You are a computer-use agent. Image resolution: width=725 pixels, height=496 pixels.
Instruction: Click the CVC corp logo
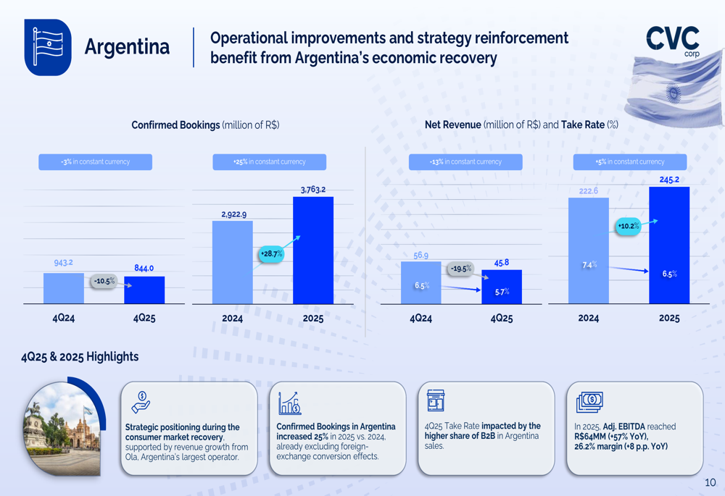point(673,40)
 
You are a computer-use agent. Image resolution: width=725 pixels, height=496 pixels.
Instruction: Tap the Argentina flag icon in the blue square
point(48,47)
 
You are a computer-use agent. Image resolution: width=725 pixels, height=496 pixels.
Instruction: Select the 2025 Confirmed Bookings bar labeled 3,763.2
point(313,250)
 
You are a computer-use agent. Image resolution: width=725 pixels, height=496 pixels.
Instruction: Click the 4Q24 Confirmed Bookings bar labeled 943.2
point(64,288)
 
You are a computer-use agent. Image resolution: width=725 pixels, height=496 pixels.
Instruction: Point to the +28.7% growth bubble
point(271,254)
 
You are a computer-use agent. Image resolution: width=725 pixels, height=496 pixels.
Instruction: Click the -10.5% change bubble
point(104,282)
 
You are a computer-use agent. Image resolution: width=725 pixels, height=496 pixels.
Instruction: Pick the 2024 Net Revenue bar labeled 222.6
point(588,250)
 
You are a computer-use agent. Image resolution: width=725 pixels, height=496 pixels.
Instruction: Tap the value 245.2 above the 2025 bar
point(669,180)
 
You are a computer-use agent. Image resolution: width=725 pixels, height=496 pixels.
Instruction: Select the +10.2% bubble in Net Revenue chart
point(629,227)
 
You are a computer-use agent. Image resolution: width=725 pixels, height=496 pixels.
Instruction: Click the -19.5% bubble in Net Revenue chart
point(460,269)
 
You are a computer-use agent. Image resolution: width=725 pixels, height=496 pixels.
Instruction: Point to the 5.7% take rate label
point(502,292)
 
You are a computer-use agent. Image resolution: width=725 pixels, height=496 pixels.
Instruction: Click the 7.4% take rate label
point(589,265)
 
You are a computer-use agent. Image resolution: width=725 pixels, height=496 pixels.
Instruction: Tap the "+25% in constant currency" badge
point(269,162)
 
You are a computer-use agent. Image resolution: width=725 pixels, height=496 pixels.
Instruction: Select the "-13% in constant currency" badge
point(465,162)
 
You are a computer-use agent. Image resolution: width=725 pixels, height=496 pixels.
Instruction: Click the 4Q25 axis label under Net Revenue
point(502,318)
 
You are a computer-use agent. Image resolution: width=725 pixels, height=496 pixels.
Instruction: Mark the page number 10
point(710,482)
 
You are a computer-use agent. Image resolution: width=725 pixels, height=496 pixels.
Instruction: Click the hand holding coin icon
point(141,403)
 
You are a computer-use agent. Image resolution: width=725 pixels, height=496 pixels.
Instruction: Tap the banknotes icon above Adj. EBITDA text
point(589,401)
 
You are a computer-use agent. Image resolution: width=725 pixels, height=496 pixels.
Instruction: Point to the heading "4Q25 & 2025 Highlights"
point(80,356)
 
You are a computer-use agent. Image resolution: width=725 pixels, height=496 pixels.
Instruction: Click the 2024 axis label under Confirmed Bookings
point(232,318)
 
